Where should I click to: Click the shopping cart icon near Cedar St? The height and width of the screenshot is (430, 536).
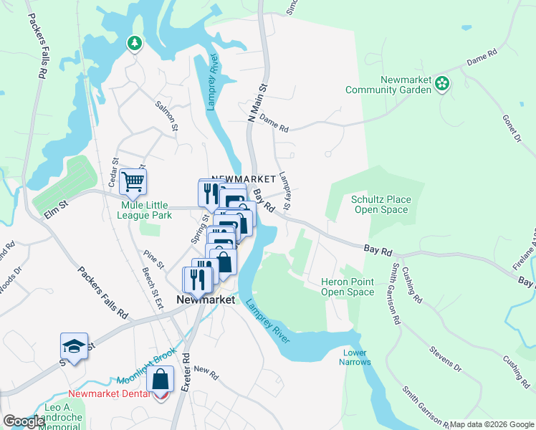[133, 182]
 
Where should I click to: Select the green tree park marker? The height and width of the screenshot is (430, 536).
[134, 44]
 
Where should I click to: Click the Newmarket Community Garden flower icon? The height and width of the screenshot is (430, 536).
[443, 85]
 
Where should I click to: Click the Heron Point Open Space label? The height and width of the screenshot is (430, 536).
[348, 287]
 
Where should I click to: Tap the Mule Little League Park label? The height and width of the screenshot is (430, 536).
[136, 210]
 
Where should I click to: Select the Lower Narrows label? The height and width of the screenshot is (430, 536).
[355, 358]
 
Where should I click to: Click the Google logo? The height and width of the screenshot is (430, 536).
[24, 421]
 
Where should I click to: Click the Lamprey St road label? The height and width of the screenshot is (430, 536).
[285, 191]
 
